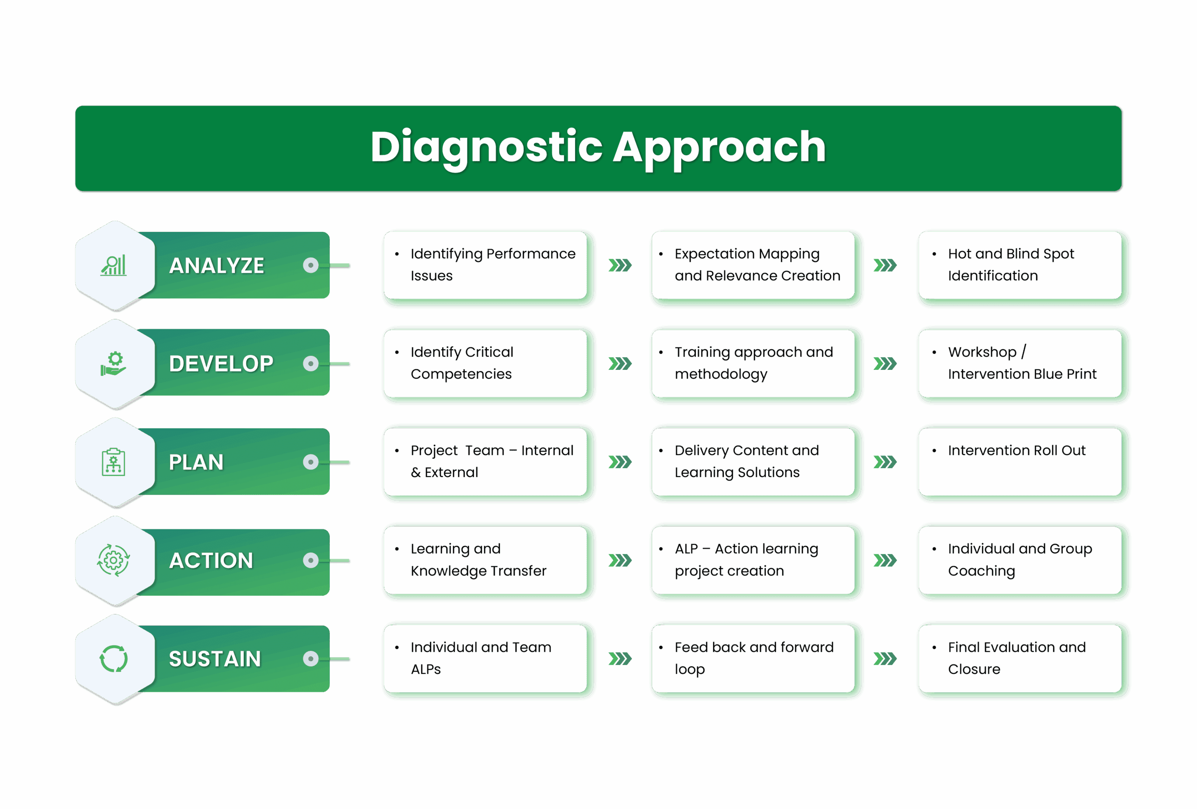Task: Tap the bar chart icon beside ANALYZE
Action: tap(114, 266)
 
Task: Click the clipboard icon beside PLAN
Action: tap(113, 462)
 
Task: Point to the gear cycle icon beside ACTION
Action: tap(113, 560)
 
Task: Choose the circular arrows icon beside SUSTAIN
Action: tap(113, 658)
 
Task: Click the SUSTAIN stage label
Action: tap(215, 658)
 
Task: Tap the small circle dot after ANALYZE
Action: tap(310, 265)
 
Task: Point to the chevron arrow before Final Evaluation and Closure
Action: tap(887, 658)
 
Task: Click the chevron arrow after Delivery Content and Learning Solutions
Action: tap(887, 462)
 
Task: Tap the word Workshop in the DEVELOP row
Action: tap(982, 352)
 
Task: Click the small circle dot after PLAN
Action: tap(310, 462)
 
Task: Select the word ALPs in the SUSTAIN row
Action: tap(425, 670)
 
